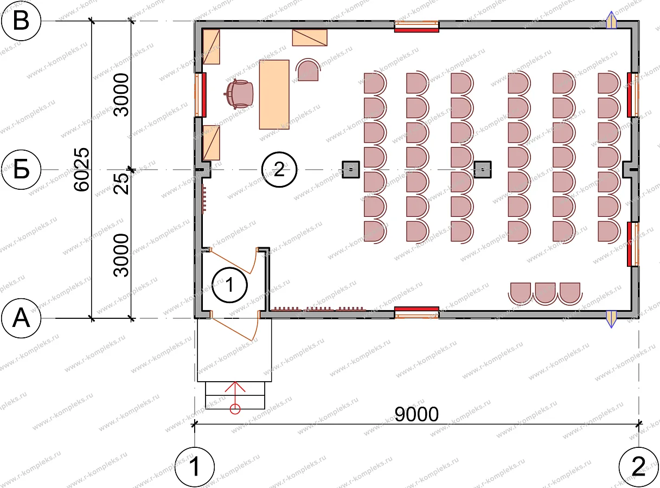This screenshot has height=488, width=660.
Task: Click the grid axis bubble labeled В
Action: (x=21, y=21)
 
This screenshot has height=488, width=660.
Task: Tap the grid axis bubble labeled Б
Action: (x=21, y=170)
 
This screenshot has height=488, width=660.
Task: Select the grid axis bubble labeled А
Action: (x=21, y=318)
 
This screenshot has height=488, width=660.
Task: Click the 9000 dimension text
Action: (x=416, y=414)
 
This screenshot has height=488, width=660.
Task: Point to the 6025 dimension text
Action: (x=81, y=169)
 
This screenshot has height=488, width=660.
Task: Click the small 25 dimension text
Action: (x=121, y=184)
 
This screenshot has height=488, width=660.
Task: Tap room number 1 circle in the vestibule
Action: (x=229, y=285)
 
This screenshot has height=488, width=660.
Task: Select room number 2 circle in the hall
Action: (x=279, y=169)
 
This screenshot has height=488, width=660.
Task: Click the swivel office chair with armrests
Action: (x=239, y=94)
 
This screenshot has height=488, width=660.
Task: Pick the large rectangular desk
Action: (x=274, y=95)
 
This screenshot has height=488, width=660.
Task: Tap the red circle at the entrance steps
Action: (x=235, y=409)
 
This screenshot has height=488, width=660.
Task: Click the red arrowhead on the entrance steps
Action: (x=235, y=387)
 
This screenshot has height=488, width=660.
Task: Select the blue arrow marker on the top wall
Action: (x=611, y=20)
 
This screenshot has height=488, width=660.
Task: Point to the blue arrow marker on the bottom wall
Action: (x=611, y=319)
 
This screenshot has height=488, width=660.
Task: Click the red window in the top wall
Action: (x=416, y=26)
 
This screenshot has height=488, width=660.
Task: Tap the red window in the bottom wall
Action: (x=416, y=313)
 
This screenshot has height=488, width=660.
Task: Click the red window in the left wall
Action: (x=200, y=95)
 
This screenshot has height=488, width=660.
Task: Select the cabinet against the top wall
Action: (x=310, y=37)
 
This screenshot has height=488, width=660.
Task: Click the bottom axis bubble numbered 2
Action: (x=638, y=467)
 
